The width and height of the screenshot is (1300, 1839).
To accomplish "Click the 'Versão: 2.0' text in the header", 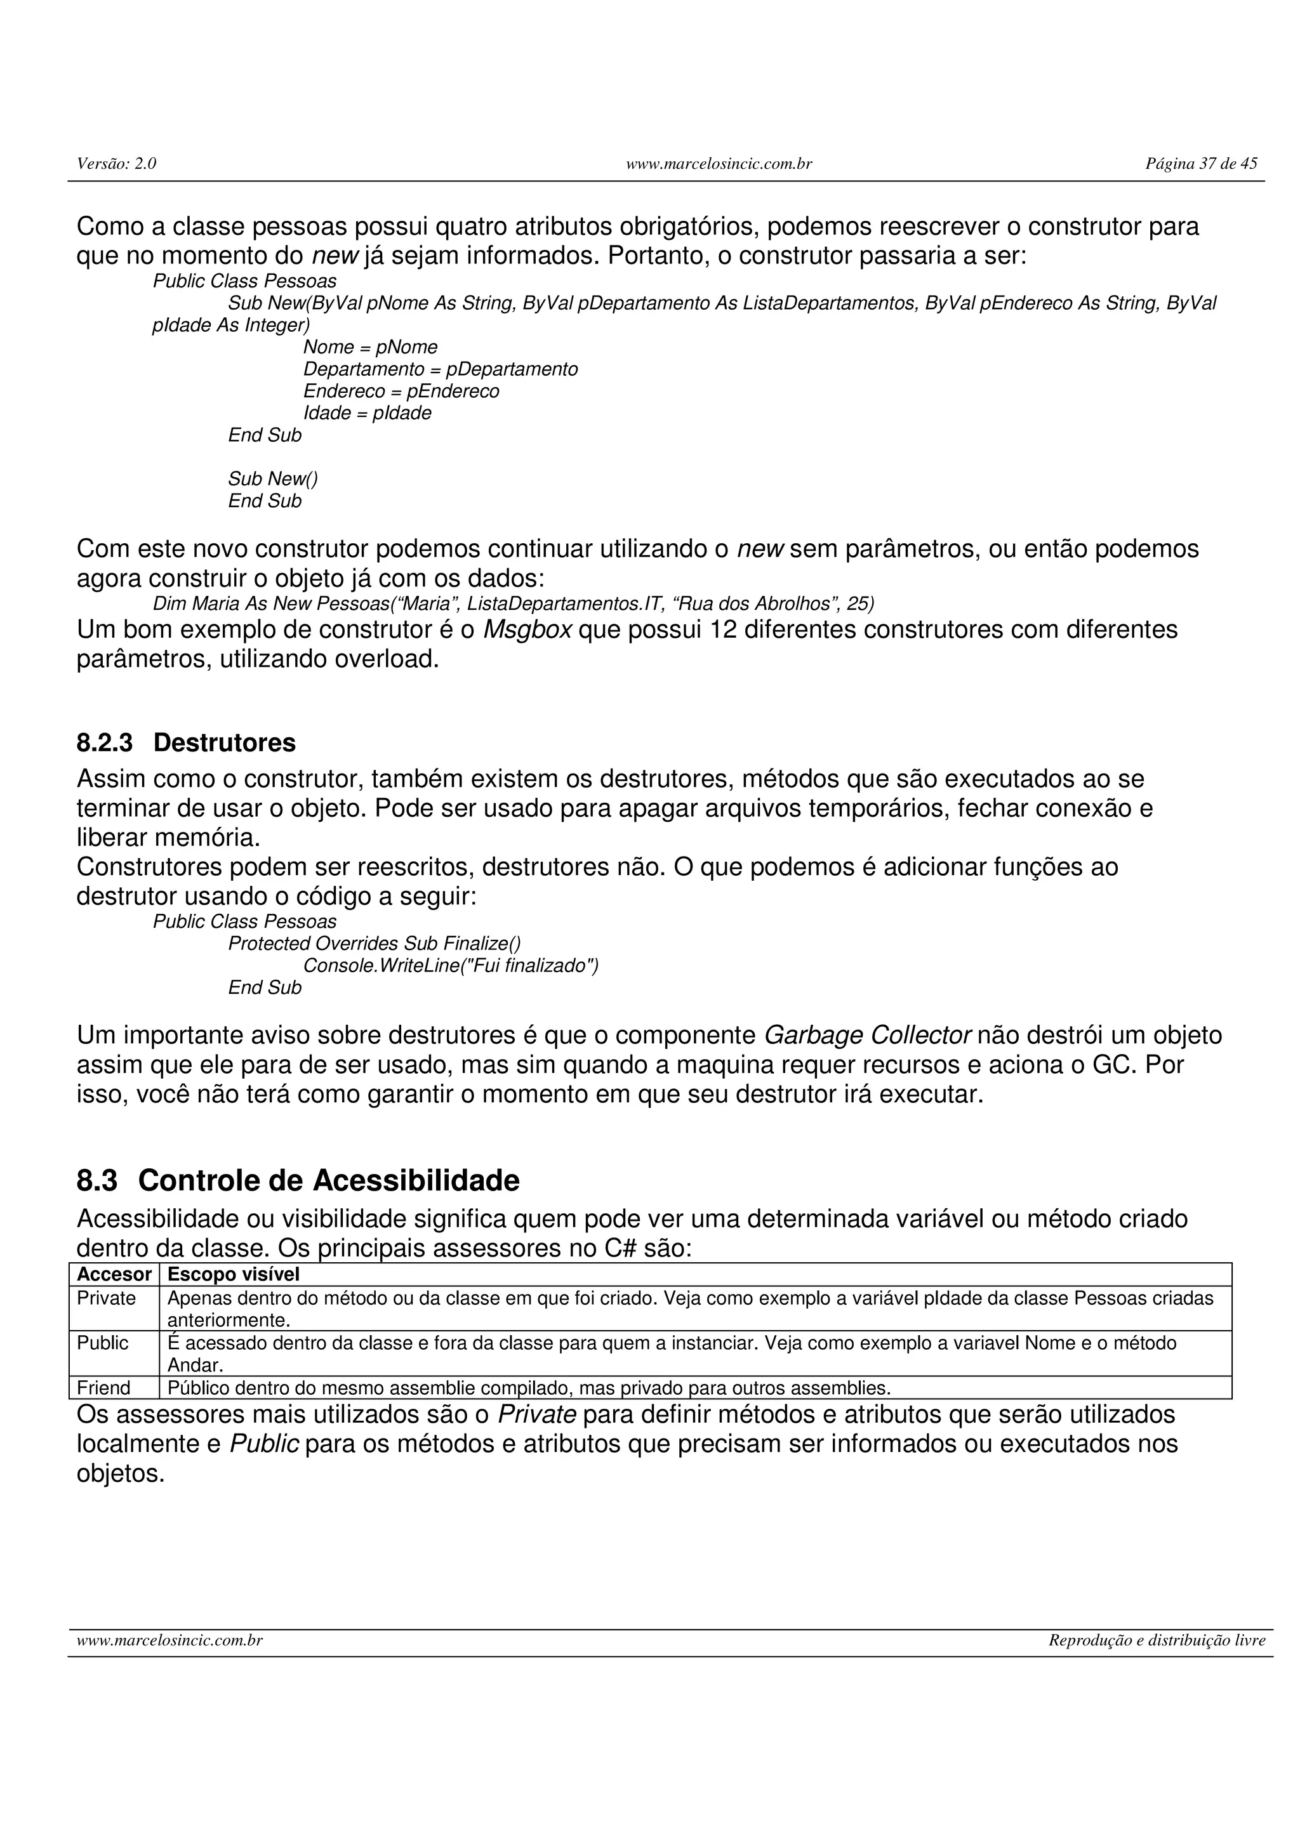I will click(x=116, y=164).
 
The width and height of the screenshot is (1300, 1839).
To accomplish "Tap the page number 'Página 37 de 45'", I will click(x=1201, y=164).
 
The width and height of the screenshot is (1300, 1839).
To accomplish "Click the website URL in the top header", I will click(x=719, y=164).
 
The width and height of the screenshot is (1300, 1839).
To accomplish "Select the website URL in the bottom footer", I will click(x=170, y=1641).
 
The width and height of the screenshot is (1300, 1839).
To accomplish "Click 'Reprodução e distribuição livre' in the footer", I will click(x=1157, y=1641).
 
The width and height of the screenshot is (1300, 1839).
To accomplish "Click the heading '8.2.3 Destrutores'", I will click(x=186, y=742).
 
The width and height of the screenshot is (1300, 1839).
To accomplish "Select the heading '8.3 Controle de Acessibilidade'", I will click(x=298, y=1180).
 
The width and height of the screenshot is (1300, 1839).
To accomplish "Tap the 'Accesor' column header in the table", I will click(x=114, y=1274).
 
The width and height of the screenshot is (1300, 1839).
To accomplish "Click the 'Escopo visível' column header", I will click(x=233, y=1274).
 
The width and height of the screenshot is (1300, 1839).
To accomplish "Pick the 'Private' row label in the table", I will click(x=107, y=1298).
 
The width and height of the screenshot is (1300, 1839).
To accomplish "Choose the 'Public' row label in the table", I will click(x=103, y=1343).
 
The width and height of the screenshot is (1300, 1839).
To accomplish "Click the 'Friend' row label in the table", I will click(x=103, y=1388).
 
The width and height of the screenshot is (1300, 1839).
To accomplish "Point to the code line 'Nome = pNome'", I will click(x=370, y=348).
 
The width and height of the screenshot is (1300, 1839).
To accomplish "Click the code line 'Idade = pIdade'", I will click(x=367, y=413).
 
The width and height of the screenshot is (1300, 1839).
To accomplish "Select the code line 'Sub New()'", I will click(x=272, y=479).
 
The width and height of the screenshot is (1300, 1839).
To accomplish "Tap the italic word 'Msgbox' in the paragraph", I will click(x=527, y=629).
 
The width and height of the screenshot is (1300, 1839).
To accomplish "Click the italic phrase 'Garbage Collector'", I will click(x=868, y=1036).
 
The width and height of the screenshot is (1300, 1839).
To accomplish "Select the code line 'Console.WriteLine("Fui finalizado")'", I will click(x=450, y=966).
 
